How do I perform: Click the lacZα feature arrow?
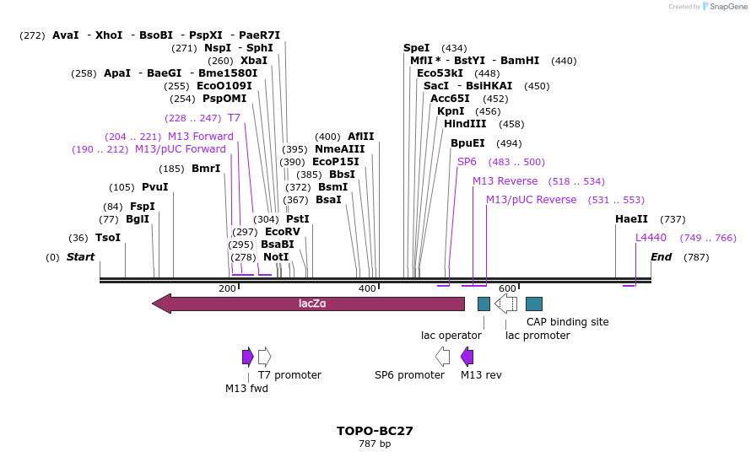[x=309, y=304]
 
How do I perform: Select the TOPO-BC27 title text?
[x=375, y=431]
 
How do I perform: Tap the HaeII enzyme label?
[x=631, y=219]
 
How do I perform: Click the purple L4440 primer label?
[x=651, y=238]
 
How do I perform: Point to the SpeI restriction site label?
[x=416, y=48]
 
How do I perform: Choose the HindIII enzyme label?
[x=465, y=124]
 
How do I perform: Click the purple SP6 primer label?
[x=467, y=162]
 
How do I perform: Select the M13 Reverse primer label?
[x=505, y=181]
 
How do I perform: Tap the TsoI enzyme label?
[x=108, y=238]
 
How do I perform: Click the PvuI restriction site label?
[x=154, y=187]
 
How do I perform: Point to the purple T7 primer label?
[x=234, y=118]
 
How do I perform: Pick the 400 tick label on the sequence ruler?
[x=367, y=289]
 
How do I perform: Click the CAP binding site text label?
[x=567, y=321]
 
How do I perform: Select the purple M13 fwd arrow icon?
[x=247, y=357]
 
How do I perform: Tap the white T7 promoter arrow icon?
[x=264, y=357]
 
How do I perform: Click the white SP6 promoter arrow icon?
[x=442, y=357]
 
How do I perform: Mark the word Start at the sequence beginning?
[x=81, y=257]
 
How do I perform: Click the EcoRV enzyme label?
[x=282, y=231]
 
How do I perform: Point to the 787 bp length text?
[x=375, y=444]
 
